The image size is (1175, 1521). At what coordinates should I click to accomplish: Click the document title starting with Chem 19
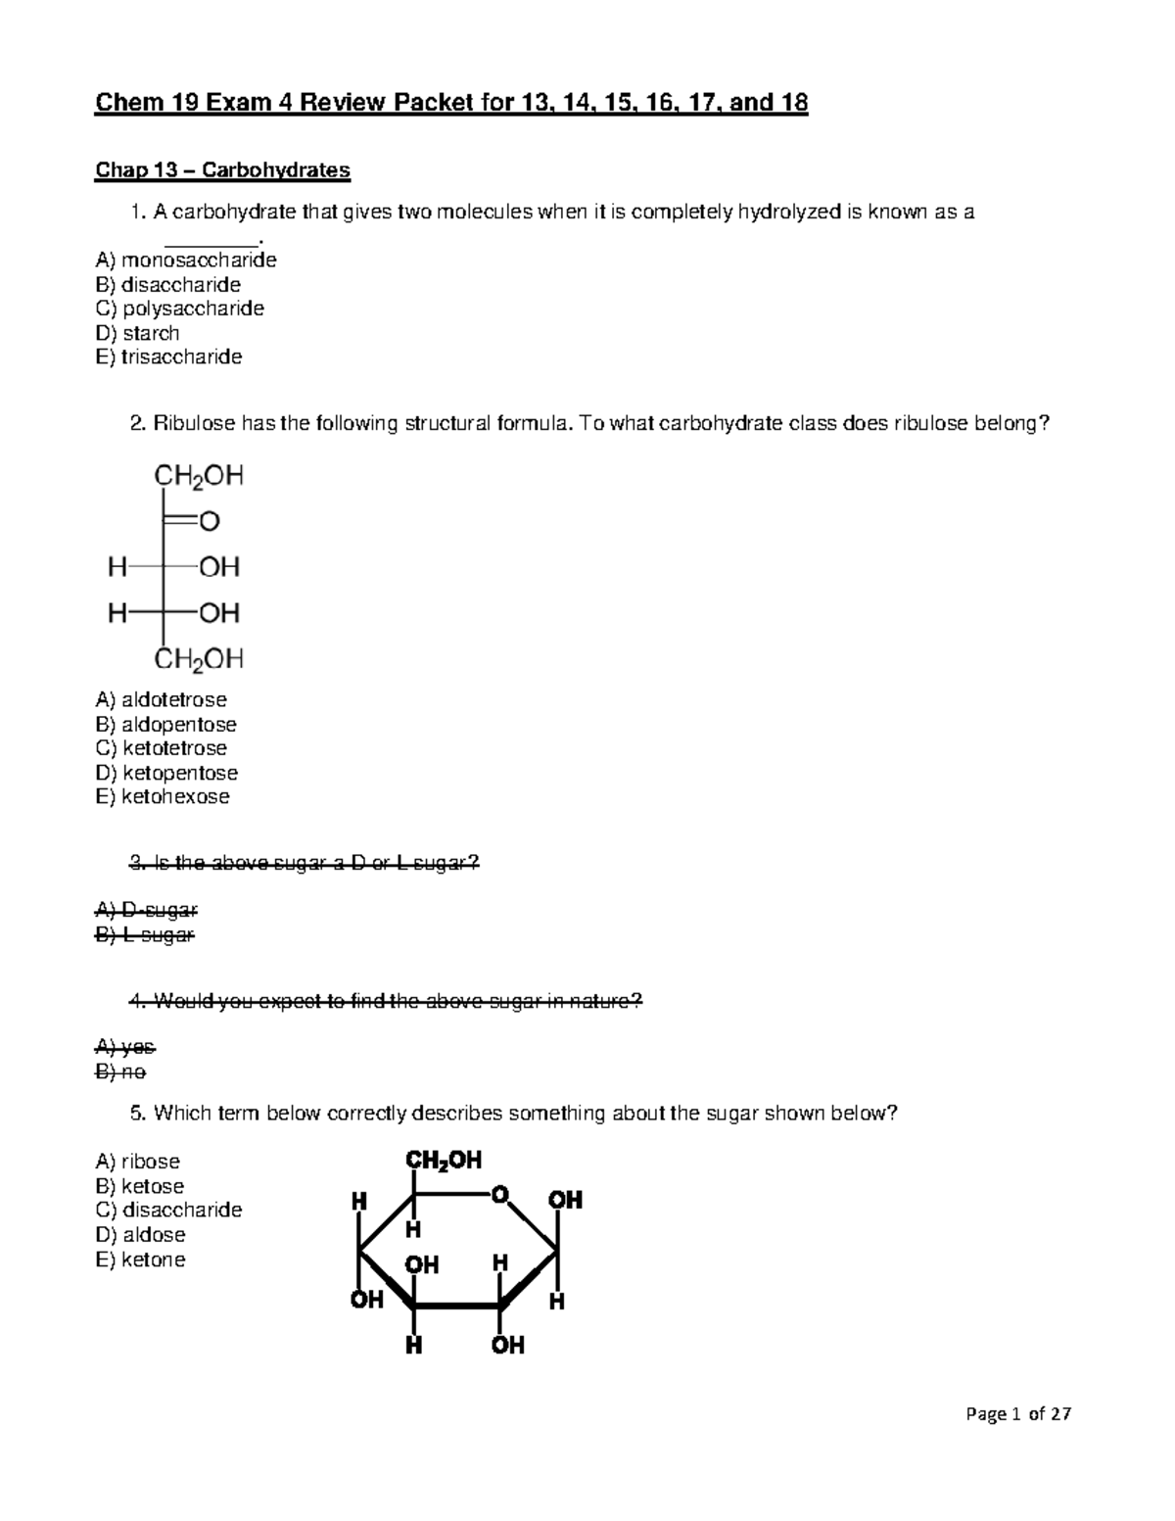pos(450,104)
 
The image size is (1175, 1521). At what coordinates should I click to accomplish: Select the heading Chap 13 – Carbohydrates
pos(222,170)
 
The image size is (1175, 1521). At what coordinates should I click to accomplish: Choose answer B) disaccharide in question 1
pos(167,285)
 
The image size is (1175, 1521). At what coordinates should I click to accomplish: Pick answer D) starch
pos(137,333)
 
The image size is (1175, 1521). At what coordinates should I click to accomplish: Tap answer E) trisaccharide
pos(168,356)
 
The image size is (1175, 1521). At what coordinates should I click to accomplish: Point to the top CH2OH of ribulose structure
pos(199,476)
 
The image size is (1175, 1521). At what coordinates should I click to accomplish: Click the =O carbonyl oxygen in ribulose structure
pos(209,522)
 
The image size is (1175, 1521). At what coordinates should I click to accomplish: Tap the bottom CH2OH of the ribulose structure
pos(199,659)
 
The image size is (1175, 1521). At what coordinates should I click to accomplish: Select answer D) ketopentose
pos(166,773)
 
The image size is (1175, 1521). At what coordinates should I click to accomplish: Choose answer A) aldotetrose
pos(161,700)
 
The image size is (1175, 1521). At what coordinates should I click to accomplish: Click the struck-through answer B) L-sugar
pos(145,935)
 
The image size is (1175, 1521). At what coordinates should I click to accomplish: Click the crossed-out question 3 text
pos(305,863)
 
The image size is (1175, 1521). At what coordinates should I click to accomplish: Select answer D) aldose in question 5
pos(140,1235)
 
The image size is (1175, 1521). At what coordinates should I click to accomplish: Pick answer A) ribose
pos(137,1162)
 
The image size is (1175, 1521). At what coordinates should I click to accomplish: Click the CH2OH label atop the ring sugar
pos(443,1161)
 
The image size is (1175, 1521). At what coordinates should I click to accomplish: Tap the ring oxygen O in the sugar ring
pos(500,1194)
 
